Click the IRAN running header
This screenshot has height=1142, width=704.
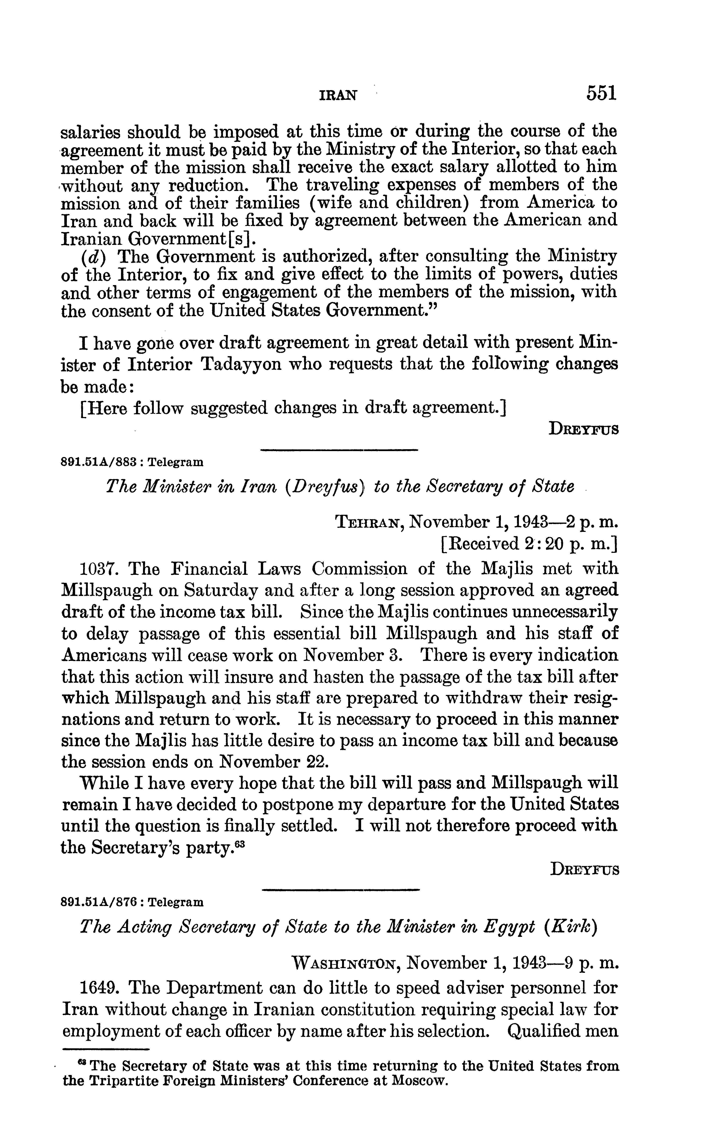[338, 95]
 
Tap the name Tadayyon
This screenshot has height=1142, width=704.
[241, 364]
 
